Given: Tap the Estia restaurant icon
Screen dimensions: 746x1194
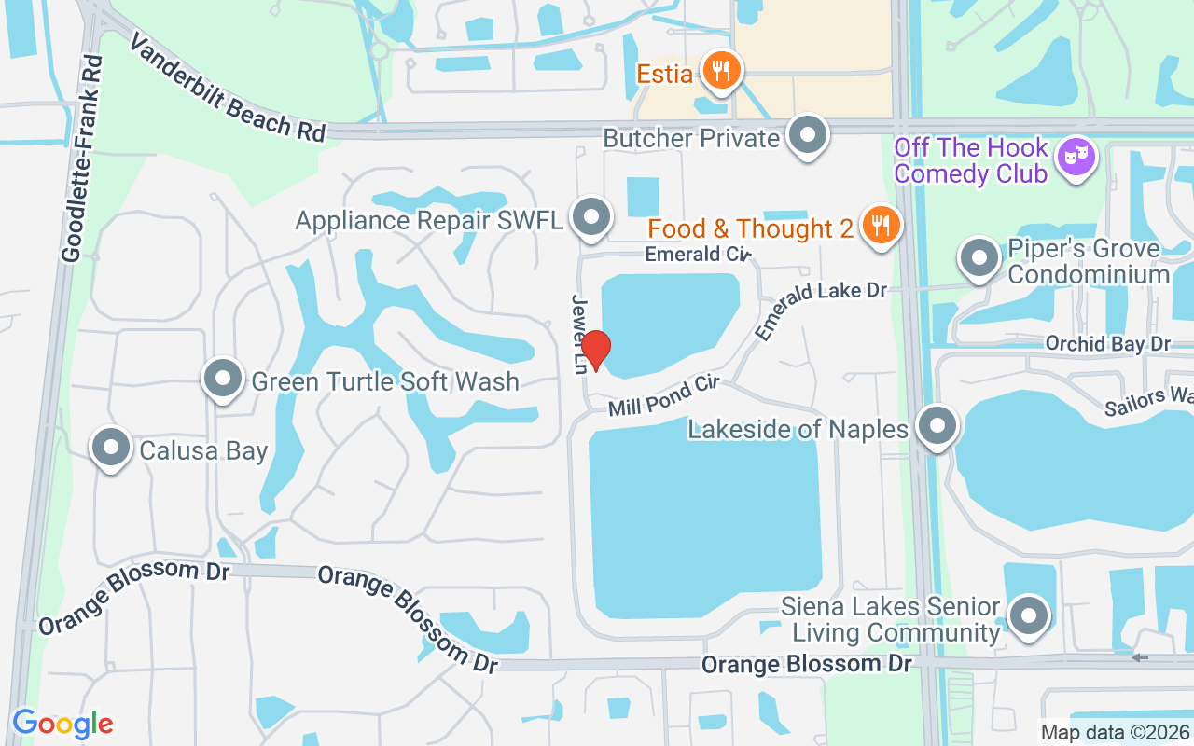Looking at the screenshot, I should click(x=720, y=70).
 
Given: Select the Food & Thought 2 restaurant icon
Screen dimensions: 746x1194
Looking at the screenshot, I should click(x=880, y=225).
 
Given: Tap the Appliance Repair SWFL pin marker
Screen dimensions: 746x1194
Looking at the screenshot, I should click(x=590, y=217).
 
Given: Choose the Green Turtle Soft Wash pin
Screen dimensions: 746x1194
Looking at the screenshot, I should click(x=222, y=379).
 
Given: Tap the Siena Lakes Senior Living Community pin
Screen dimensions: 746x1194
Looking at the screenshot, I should click(x=1029, y=615).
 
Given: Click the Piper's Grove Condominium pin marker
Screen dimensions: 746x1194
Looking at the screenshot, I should click(x=979, y=257).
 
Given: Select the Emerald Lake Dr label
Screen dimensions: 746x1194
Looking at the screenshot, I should click(x=820, y=310).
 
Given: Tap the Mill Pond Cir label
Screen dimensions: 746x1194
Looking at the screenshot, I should click(x=664, y=395).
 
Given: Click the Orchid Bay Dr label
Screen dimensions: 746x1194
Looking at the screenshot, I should click(x=1107, y=343).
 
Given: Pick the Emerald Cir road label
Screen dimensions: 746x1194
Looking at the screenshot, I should click(x=698, y=254).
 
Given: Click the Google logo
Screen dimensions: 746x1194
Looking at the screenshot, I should click(x=62, y=724).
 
